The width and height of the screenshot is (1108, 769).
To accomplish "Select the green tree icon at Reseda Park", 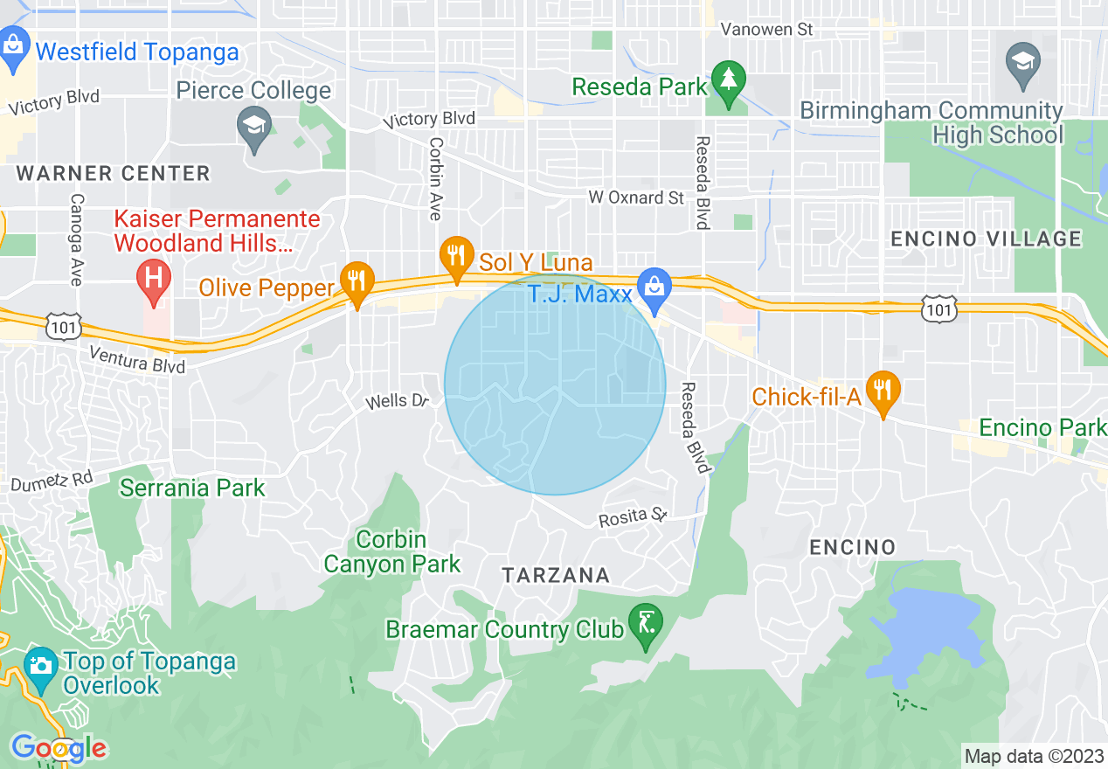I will coord(727,80).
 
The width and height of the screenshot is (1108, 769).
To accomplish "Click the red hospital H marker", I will coord(154,281).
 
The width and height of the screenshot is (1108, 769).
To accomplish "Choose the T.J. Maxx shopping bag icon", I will coord(652,288).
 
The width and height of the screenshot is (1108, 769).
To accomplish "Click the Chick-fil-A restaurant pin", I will coord(883,390).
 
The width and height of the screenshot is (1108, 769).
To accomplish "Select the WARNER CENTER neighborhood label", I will coord(113,173).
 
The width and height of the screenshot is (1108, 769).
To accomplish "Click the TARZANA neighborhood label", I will coord(556,575).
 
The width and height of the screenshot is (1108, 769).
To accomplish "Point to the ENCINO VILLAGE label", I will coord(985,239).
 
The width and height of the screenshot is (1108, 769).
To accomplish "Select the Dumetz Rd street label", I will coord(52,479).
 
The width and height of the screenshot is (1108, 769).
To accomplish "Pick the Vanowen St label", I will coord(766,30).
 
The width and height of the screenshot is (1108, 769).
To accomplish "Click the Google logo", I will coord(59,748).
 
